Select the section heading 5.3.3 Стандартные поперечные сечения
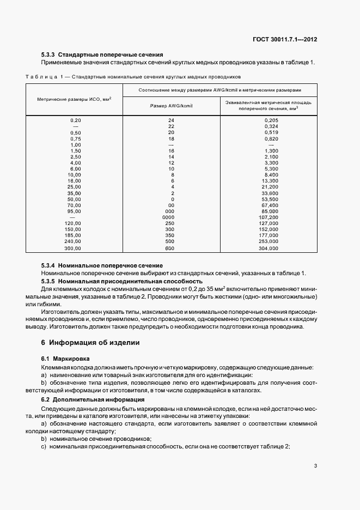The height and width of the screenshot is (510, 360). pos(102,55)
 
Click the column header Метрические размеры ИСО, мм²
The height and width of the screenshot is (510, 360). pos(75,99)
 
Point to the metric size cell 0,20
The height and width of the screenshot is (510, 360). pos(75,120)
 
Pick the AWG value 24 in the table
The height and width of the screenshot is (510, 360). pos(171,120)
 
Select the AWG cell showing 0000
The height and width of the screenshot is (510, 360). pos(171,217)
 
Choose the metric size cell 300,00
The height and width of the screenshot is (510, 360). pos(73,248)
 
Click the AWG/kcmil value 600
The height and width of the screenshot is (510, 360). pos(171,248)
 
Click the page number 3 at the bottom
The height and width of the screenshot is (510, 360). pos(316,466)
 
